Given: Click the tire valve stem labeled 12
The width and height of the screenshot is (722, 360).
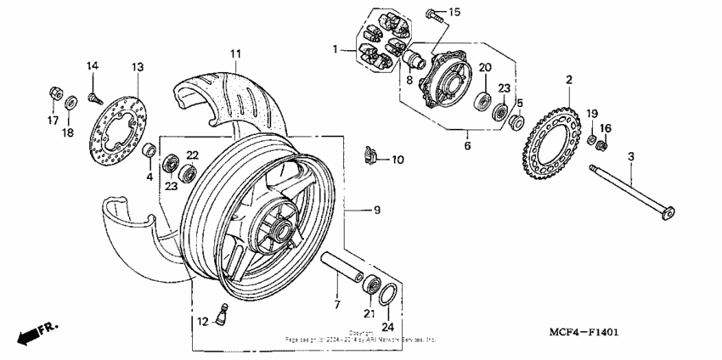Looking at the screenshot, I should [x=149, y=152].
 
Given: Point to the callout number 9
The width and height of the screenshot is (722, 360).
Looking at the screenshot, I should [x=367, y=209].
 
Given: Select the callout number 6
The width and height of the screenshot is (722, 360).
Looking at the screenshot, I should [x=466, y=144].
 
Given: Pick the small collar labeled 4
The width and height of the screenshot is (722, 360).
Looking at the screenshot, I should [x=149, y=152].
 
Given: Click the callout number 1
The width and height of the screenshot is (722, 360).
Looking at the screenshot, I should [x=336, y=48].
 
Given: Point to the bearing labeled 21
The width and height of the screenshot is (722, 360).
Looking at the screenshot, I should [x=371, y=281].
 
